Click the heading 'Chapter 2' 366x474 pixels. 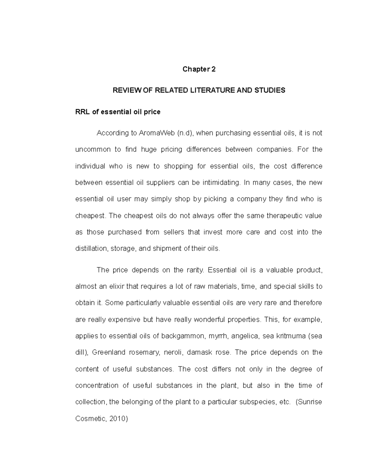point(199,69)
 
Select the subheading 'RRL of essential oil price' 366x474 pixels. point(118,112)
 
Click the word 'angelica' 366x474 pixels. point(245,336)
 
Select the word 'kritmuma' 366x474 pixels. point(291,336)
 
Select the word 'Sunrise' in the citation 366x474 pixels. point(310,402)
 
